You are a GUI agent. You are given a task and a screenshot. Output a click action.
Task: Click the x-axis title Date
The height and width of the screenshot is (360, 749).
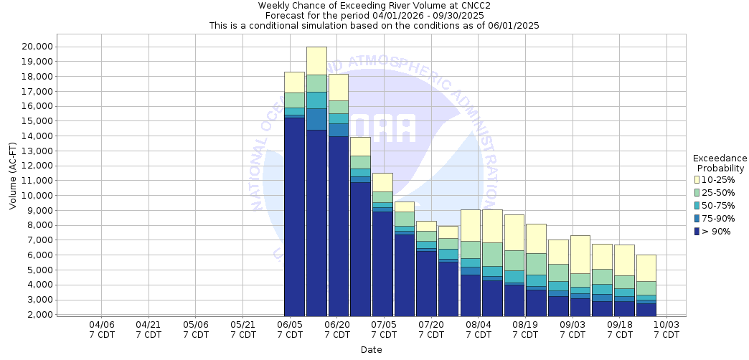point(372,350)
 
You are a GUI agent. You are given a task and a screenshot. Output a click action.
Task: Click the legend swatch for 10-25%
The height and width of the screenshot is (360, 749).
point(697,179)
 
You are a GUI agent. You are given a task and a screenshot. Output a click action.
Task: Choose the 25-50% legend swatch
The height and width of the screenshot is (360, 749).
point(697,192)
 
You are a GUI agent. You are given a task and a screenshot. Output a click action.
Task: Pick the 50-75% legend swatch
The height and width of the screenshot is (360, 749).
point(697,205)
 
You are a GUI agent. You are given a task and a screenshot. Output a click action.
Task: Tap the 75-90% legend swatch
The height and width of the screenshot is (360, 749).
point(697,218)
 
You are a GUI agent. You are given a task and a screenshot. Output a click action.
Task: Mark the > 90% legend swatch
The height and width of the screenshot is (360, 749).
point(697,231)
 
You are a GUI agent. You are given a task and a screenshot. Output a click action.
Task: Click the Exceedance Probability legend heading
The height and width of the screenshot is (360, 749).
point(720,163)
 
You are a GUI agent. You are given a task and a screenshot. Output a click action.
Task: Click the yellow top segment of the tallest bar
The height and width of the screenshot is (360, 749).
point(316,60)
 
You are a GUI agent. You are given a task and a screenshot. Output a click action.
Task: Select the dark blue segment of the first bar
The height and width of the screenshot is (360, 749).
point(295,215)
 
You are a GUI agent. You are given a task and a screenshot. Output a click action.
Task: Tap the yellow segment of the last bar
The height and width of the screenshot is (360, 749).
point(646,267)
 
